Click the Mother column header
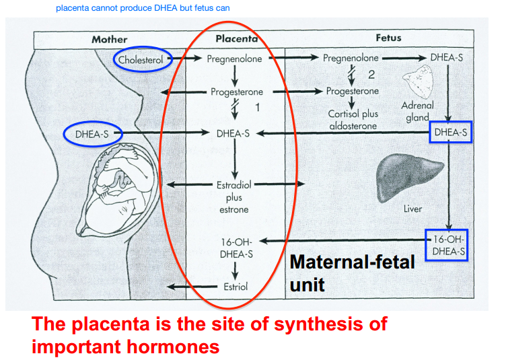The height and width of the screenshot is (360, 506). (x=109, y=39)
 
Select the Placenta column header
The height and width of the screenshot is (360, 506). (x=237, y=39)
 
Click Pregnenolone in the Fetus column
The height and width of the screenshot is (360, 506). (x=351, y=59)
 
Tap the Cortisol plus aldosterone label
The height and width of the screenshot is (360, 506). (x=353, y=120)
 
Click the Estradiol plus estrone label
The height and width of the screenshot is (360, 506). (x=233, y=196)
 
